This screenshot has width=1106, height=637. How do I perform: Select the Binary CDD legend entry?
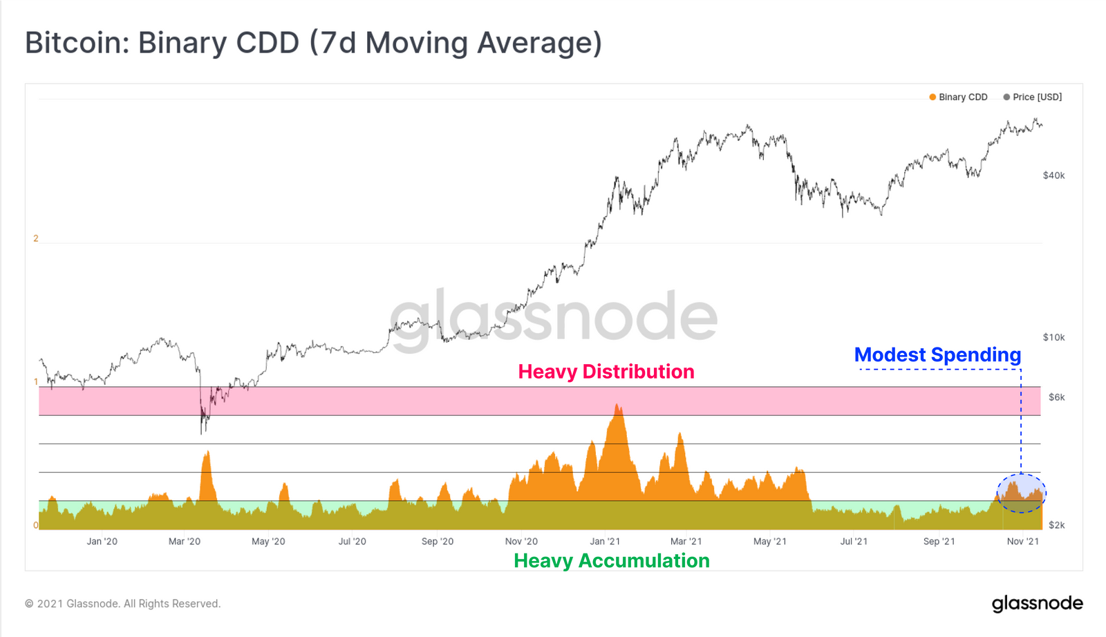pyautogui.click(x=958, y=97)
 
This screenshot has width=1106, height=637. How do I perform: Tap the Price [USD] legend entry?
pyautogui.click(x=1033, y=97)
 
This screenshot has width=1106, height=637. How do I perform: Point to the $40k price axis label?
pyautogui.click(x=1053, y=175)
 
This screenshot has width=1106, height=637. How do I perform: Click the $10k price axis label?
pyautogui.click(x=1053, y=337)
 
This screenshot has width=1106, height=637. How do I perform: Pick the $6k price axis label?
pyautogui.click(x=1056, y=397)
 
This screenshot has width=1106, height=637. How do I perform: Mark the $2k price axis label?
pyautogui.click(x=1056, y=525)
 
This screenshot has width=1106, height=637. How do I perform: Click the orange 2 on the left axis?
pyautogui.click(x=36, y=238)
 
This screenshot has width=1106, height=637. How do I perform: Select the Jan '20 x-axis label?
pyautogui.click(x=102, y=542)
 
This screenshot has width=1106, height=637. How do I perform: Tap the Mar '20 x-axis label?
pyautogui.click(x=185, y=542)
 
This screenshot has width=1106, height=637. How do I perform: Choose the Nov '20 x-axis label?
pyautogui.click(x=521, y=542)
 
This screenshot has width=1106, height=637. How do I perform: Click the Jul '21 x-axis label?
pyautogui.click(x=854, y=542)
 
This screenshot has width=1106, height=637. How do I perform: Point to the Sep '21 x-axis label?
pyautogui.click(x=939, y=542)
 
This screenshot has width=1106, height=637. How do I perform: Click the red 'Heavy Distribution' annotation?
pyautogui.click(x=606, y=372)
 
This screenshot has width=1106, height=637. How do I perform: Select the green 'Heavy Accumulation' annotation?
pyautogui.click(x=611, y=560)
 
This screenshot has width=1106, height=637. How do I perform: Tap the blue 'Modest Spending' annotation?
pyautogui.click(x=937, y=355)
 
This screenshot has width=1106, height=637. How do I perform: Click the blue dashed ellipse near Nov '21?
pyautogui.click(x=1021, y=493)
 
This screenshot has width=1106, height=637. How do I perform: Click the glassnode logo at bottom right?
pyautogui.click(x=1037, y=604)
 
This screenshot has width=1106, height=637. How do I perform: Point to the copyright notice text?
pyautogui.click(x=123, y=604)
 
